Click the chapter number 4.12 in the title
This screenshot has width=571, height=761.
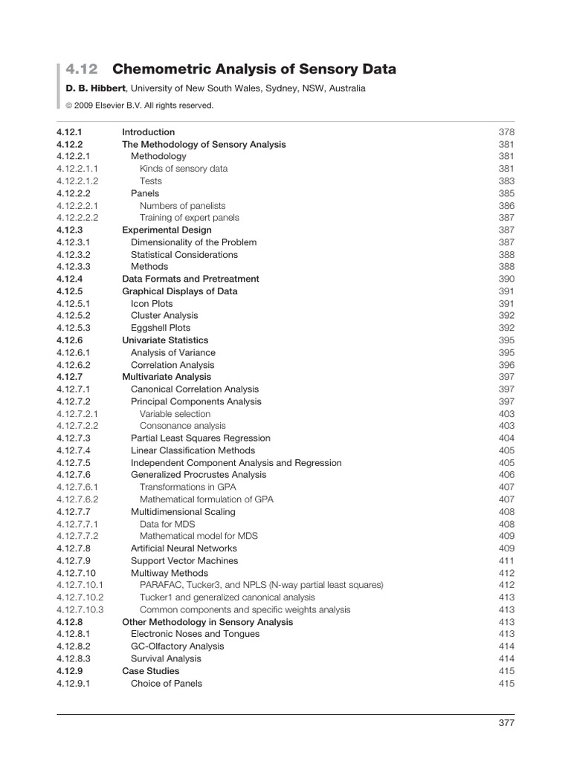pos(81,70)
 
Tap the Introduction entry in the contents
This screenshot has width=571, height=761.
pos(148,132)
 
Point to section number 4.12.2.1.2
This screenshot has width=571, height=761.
pos(77,181)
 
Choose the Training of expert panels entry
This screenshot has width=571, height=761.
pos(190,218)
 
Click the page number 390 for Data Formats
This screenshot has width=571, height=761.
pos(506,279)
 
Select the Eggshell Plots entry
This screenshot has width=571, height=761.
pos(161,328)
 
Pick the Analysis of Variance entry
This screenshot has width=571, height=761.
pos(173,353)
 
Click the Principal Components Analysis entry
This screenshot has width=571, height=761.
pos(196,402)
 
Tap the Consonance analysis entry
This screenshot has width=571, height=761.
pos(183,427)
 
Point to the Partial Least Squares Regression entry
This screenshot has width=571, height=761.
pos(201,438)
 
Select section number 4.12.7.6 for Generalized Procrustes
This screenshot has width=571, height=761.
pos(73,475)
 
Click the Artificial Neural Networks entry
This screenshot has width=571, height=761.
pos(184,548)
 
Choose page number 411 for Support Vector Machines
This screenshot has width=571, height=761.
pos(506,561)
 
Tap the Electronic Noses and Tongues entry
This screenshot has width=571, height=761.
pos(196,635)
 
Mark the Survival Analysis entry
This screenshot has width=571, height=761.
pos(166,659)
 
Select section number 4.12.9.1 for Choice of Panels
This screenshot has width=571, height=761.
pos(73,684)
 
